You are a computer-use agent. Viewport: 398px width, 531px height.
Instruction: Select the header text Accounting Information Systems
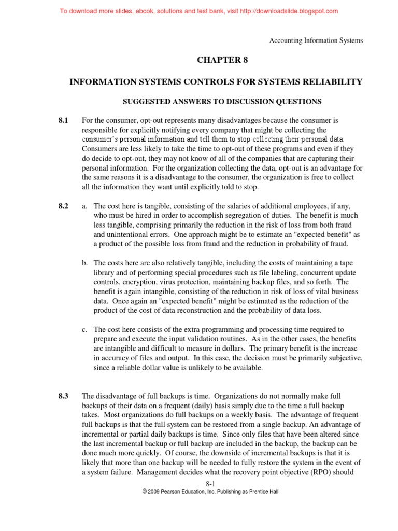tap(316, 41)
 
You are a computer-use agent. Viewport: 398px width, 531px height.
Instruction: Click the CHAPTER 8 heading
tap(222, 60)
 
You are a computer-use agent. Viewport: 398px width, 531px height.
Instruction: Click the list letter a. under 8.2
tap(85, 206)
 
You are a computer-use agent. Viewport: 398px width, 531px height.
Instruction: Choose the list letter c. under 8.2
tap(85, 329)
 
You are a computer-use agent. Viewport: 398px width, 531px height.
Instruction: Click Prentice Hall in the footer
tap(262, 492)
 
